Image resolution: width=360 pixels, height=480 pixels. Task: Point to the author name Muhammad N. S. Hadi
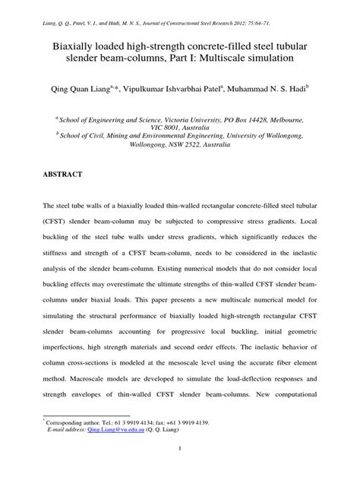285,90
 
